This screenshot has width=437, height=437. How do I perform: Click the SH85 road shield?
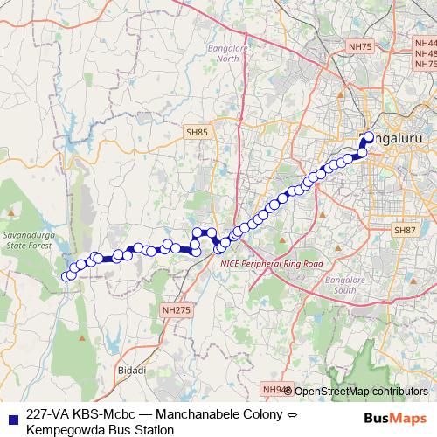pyautogui.click(x=197, y=132)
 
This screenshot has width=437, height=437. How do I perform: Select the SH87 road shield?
pyautogui.click(x=405, y=230)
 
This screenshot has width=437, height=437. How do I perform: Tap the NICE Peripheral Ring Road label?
pyautogui.click(x=272, y=263)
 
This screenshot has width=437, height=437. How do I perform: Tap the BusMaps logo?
pyautogui.click(x=395, y=418)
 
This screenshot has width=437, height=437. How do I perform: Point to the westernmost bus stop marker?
pyautogui.click(x=66, y=277)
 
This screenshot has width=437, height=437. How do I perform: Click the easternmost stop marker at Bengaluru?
pyautogui.click(x=368, y=137)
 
